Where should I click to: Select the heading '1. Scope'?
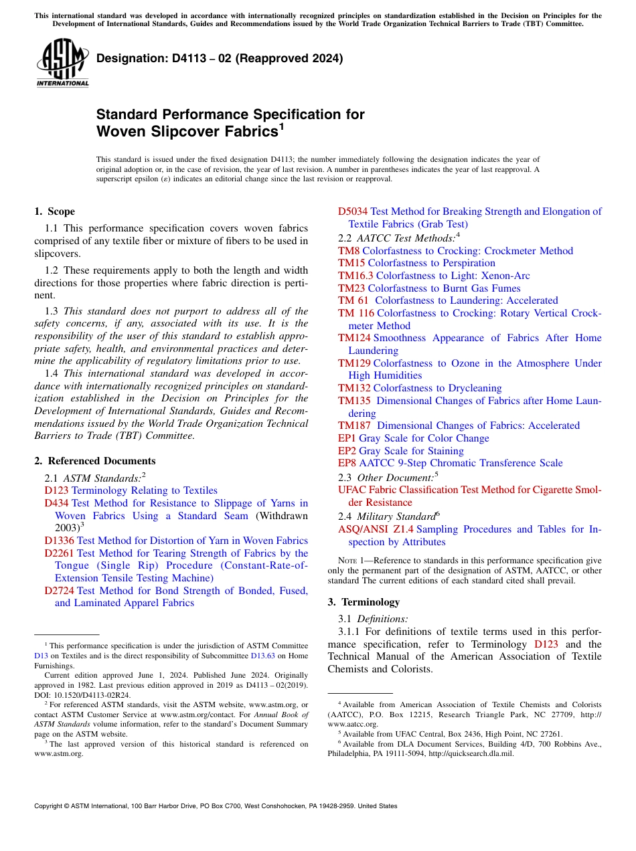54,211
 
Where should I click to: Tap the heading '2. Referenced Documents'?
94,461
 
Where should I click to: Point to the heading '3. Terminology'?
364,601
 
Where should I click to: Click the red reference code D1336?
59,541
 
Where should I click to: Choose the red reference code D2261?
59,553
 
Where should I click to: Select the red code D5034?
352,211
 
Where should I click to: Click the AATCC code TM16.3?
355,276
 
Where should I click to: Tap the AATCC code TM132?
354,388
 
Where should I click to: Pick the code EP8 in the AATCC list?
347,463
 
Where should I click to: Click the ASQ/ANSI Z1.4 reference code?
376,529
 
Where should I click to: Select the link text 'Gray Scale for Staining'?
411,451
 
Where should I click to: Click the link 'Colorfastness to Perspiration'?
431,263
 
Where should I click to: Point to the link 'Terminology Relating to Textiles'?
144,490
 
